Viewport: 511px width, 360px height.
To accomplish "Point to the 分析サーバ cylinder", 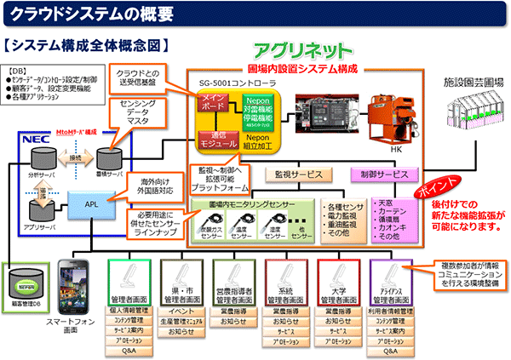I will pos(43,159).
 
